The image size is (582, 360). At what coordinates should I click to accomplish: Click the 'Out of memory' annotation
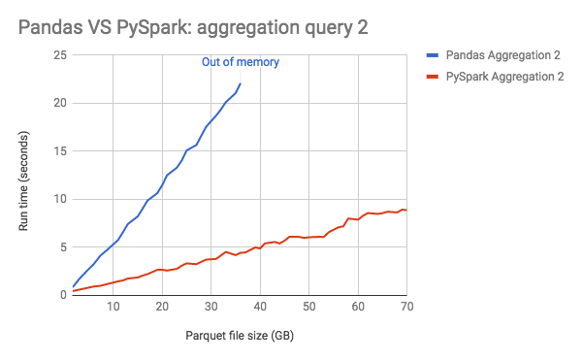click(240, 62)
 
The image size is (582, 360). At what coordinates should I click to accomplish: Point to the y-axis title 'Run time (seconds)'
click(26, 176)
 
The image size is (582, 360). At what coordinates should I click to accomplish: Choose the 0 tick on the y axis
click(61, 295)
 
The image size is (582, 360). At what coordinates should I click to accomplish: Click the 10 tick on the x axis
click(113, 308)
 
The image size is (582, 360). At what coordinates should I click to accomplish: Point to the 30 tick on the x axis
click(211, 308)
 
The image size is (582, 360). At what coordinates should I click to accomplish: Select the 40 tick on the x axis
click(260, 308)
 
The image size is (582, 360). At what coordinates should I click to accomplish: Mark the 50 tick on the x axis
click(309, 308)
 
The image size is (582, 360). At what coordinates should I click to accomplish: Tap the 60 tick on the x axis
click(358, 308)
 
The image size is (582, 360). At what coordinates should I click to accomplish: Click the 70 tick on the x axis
click(406, 308)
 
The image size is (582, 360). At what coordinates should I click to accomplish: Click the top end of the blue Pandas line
click(241, 84)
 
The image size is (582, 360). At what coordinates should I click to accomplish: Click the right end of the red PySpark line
click(406, 210)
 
